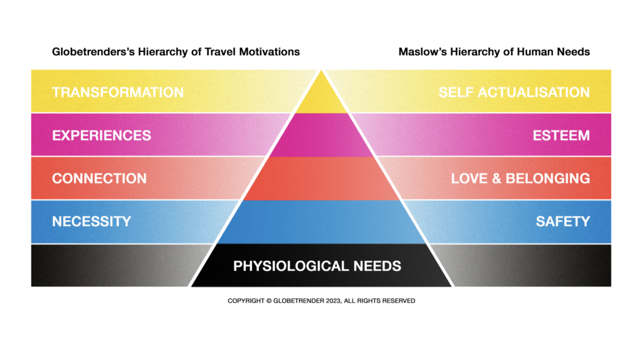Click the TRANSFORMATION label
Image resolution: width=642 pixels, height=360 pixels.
[x=118, y=92]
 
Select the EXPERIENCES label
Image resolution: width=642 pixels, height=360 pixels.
[x=102, y=135]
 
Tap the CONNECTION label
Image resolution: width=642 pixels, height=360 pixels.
[x=99, y=178]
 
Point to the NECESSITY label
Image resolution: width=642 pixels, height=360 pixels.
[x=92, y=221]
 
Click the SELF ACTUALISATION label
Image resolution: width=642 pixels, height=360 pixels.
[x=514, y=92]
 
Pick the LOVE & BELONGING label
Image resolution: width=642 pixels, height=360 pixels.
[x=520, y=178]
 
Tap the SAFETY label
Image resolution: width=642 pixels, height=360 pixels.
[x=562, y=221]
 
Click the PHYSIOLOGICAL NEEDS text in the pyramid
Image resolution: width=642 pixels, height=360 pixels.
[x=317, y=266]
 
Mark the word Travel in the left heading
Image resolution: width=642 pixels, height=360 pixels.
[x=223, y=51]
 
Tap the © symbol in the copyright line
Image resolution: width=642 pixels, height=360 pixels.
[x=268, y=301]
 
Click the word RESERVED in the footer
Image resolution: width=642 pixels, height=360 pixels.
[x=396, y=301]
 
